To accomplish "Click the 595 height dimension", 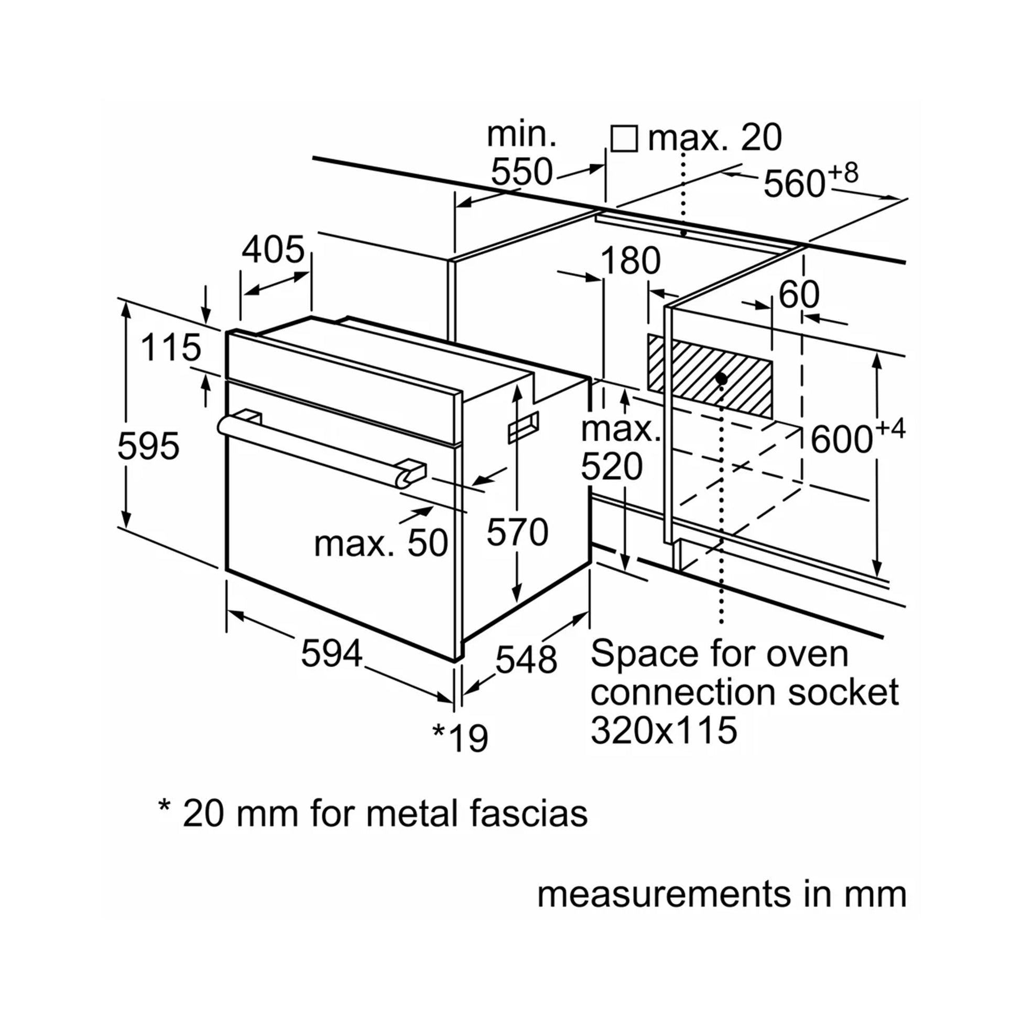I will (148, 446).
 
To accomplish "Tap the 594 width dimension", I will (332, 653).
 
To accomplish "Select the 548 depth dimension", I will (526, 659).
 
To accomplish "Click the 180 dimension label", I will (631, 261).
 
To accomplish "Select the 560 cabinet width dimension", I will (794, 184).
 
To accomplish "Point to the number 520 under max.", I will (612, 466).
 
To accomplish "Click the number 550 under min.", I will (522, 171).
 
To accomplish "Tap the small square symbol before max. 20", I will (624, 139).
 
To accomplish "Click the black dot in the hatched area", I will (721, 378).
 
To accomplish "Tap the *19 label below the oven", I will (460, 738).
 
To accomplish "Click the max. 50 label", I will (381, 543).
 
